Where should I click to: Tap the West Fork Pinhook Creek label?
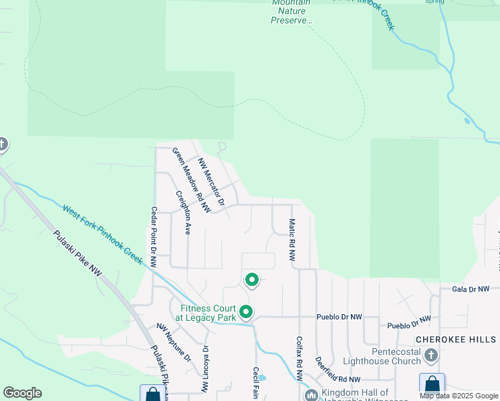point(103,234)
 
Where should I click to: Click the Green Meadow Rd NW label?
point(191,180)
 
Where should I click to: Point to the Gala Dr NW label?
point(471,289)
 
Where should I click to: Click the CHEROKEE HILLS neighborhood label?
point(457,340)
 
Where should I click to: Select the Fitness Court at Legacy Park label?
point(208,313)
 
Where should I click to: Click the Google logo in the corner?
point(22,393)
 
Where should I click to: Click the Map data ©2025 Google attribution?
point(459,396)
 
